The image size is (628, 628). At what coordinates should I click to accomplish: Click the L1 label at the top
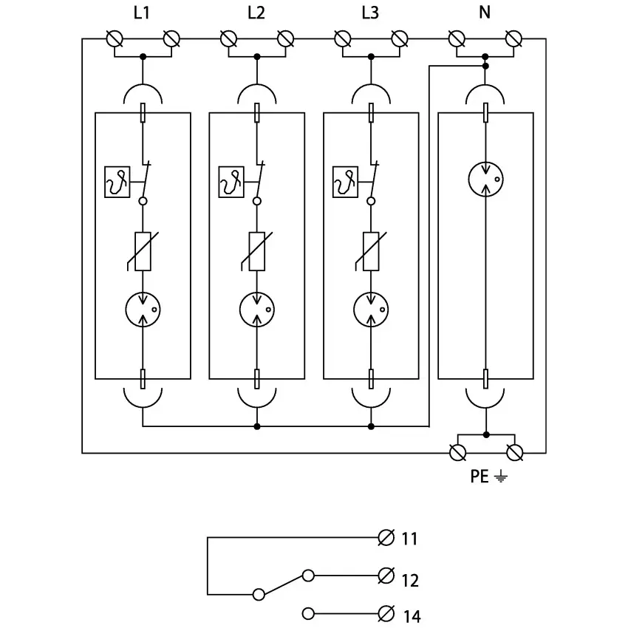(143, 13)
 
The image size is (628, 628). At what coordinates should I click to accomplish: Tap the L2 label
(256, 13)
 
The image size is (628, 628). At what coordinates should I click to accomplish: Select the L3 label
(370, 13)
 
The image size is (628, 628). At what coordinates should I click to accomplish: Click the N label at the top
(485, 13)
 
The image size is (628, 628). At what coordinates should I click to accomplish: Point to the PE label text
(479, 477)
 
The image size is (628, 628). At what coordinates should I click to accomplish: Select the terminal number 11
(409, 539)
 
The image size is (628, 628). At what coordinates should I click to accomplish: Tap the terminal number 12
(409, 581)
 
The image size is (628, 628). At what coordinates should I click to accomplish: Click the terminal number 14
(410, 615)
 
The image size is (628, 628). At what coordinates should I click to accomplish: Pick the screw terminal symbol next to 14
(386, 613)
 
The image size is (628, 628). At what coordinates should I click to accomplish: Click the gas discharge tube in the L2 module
(256, 309)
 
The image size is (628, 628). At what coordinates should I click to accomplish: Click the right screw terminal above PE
(515, 451)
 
